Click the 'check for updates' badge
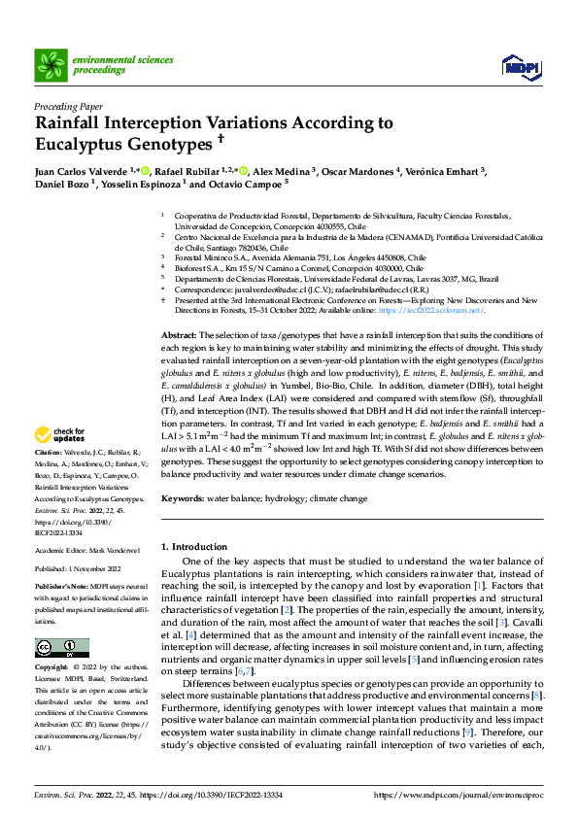coord(60,436)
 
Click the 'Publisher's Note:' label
coord(56,588)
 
